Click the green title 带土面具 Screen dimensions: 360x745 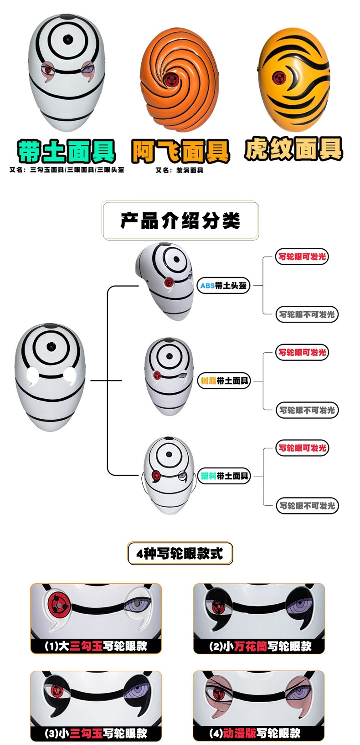[x=66, y=151]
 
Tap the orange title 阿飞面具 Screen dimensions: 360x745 [x=180, y=151]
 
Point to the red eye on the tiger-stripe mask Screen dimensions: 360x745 [x=279, y=78]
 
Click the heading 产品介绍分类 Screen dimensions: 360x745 [x=180, y=221]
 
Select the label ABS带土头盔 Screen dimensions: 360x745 [x=223, y=286]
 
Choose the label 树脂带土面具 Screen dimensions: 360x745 [x=224, y=380]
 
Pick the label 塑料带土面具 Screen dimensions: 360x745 [x=224, y=476]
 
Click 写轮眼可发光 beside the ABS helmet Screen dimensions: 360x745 [x=302, y=257]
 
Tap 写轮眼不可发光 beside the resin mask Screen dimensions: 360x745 [x=307, y=410]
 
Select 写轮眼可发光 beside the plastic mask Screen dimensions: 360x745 [x=302, y=448]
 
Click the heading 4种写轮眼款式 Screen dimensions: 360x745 [x=180, y=554]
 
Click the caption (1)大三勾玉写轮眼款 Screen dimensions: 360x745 [x=96, y=646]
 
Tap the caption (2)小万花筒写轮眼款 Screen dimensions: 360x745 [x=260, y=646]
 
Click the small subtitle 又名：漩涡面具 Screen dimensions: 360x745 [x=180, y=170]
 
